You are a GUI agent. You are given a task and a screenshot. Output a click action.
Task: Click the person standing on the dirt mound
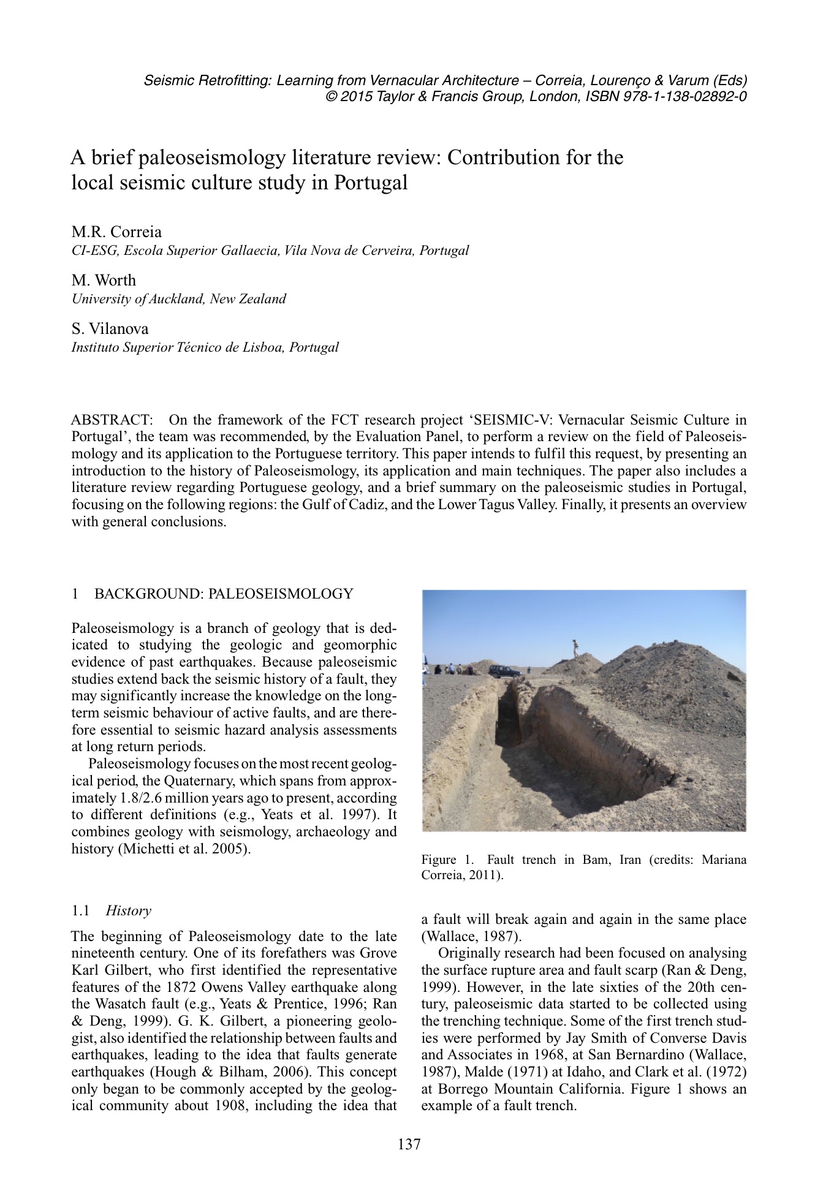(575, 648)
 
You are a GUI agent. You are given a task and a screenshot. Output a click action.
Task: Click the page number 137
(409, 1144)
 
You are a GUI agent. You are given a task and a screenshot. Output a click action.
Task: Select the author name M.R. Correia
(116, 232)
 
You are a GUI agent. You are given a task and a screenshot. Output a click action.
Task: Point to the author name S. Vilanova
(110, 329)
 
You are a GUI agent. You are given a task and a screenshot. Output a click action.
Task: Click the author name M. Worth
(104, 280)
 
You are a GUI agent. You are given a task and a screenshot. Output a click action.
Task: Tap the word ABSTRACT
(111, 420)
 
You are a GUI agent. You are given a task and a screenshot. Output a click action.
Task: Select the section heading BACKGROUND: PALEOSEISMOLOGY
(224, 594)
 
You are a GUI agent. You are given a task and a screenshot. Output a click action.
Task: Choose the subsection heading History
(128, 910)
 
